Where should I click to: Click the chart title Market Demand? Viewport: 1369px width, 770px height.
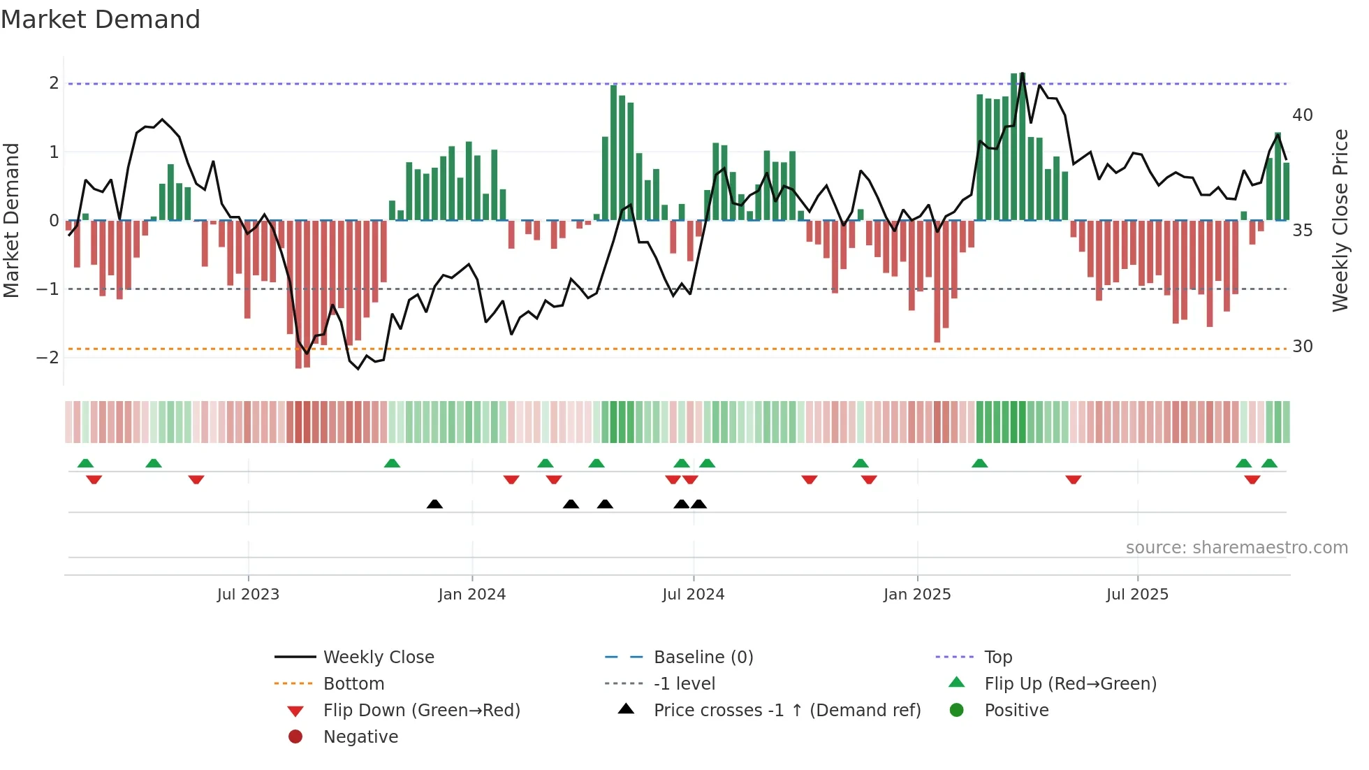tap(101, 20)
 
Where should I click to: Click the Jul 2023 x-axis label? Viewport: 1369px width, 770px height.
tap(248, 595)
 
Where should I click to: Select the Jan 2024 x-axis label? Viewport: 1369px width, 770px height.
tap(471, 595)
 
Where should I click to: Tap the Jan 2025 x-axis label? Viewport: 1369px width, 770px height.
tap(916, 595)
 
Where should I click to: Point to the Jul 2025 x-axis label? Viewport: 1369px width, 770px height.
tap(1137, 595)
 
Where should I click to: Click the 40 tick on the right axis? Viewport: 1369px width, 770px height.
tap(1302, 115)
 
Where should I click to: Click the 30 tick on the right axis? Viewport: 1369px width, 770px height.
tap(1302, 347)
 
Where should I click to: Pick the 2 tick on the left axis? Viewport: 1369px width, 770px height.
tap(54, 83)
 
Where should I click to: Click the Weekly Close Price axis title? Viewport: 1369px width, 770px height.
tap(1340, 220)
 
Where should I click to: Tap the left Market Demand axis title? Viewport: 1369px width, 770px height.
tap(12, 220)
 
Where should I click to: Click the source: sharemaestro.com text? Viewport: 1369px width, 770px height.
tap(1236, 548)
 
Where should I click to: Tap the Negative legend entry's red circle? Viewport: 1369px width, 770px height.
tap(295, 737)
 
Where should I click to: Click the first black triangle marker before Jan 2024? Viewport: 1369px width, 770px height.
tap(434, 504)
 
